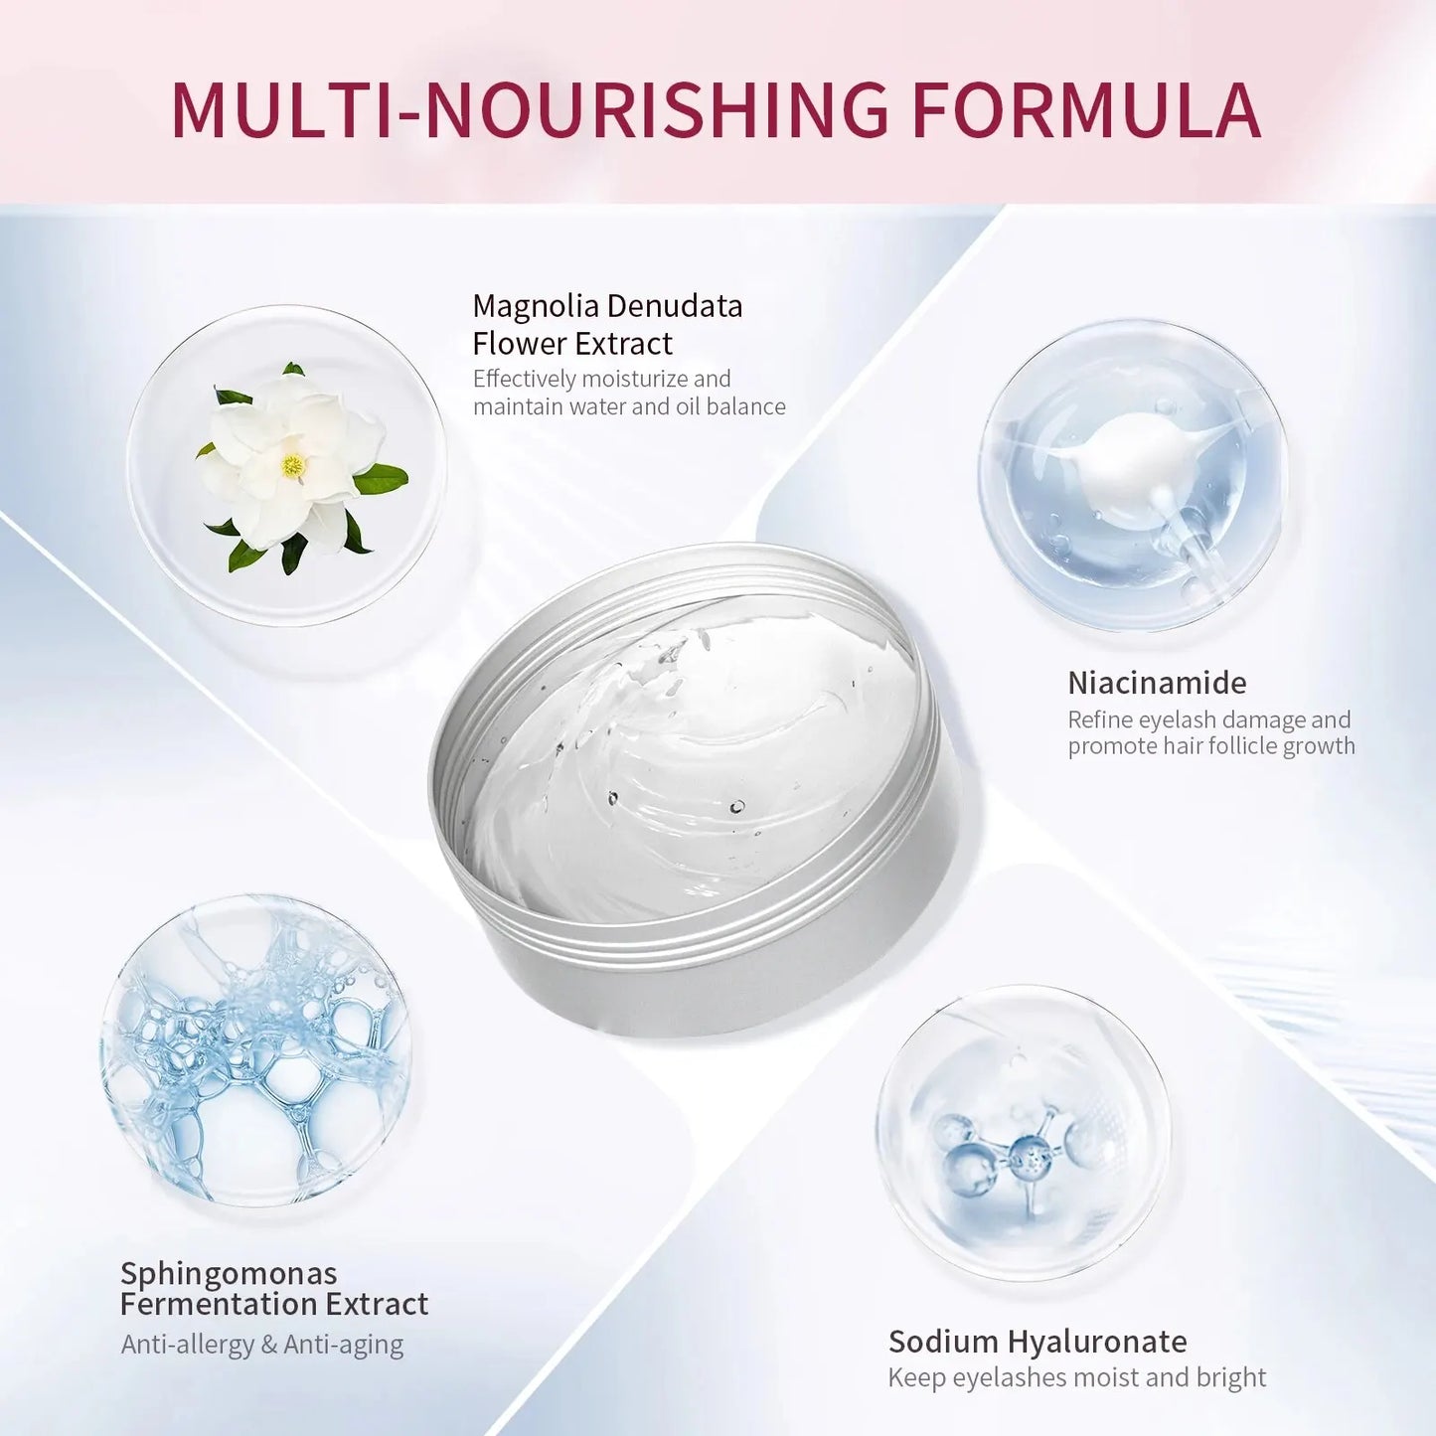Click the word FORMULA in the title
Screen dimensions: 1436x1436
click(1086, 111)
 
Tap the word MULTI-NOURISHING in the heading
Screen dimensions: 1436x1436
click(530, 111)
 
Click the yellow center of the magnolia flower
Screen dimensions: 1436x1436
click(293, 466)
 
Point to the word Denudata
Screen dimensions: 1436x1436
click(675, 305)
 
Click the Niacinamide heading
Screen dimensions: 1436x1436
click(1158, 682)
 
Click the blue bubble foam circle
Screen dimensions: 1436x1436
click(255, 1052)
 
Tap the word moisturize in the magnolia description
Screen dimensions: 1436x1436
click(636, 379)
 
